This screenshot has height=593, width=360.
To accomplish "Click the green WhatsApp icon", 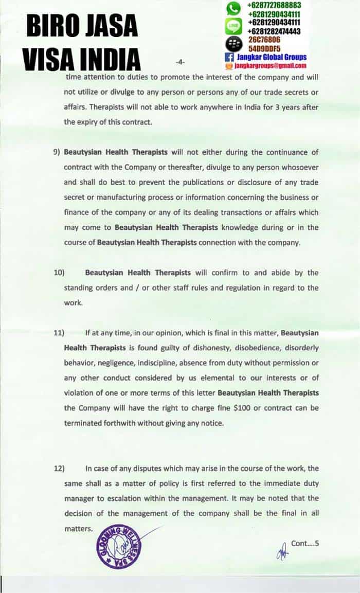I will point(234,8).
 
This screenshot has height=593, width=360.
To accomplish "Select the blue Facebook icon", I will point(229,57).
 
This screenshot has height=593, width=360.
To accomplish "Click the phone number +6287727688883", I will point(274,5).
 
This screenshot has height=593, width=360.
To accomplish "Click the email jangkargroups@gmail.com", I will point(270,66).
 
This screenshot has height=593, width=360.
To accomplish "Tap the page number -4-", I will point(180,62).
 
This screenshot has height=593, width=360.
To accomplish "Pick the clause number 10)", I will point(59,273).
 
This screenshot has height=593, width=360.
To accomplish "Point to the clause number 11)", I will point(59,332).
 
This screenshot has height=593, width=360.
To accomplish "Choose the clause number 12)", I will point(59,468).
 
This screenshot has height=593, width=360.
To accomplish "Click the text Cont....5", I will point(305,543).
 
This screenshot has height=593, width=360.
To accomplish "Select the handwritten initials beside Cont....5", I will point(282,550).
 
